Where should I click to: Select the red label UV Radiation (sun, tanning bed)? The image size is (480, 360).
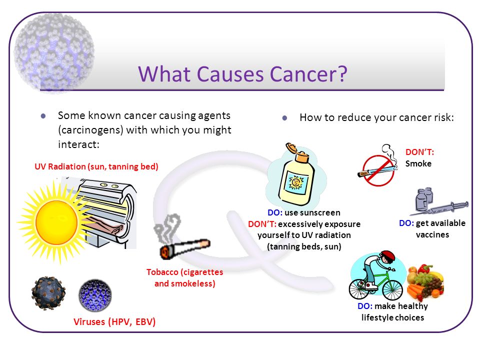point(96,166)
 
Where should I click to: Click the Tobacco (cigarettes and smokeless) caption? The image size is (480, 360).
point(185,277)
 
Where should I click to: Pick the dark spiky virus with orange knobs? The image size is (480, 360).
point(48,293)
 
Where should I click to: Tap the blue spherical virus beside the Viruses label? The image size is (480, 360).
point(95,295)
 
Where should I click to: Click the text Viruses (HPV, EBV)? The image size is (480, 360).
point(114,321)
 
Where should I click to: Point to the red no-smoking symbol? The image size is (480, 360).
point(378,170)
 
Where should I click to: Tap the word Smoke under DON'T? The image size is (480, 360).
point(418,163)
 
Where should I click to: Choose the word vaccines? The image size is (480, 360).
point(432,235)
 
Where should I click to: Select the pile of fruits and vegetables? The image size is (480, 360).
point(425,282)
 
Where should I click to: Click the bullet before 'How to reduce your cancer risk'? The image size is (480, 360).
point(284,118)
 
